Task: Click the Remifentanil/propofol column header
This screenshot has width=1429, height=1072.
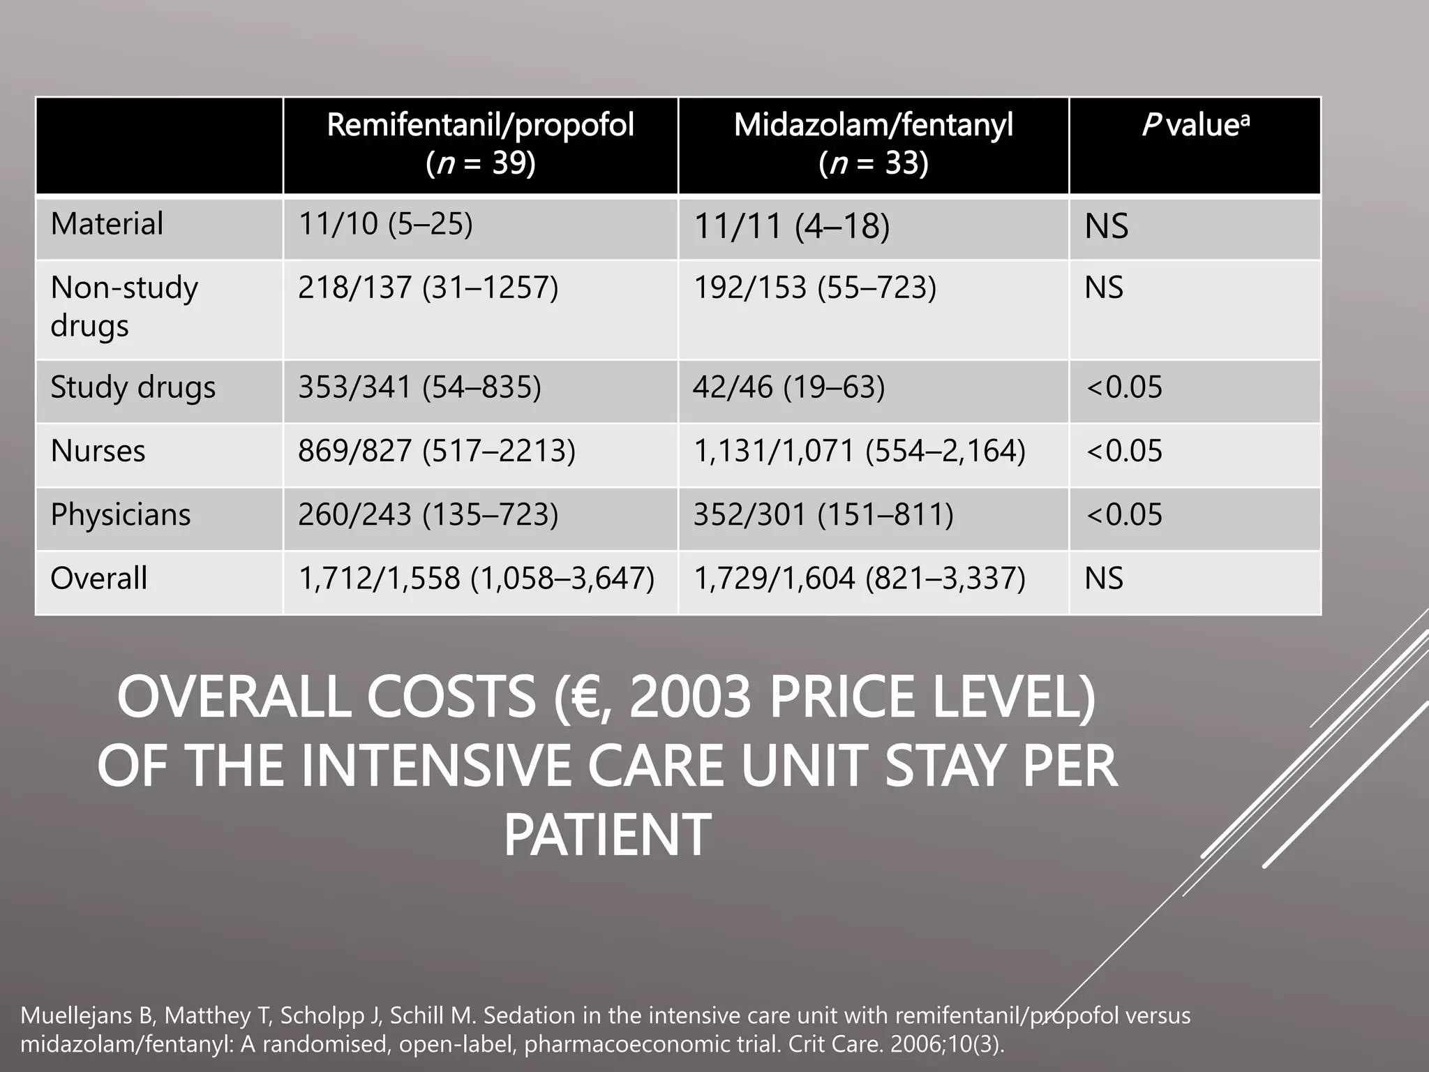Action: coord(480,144)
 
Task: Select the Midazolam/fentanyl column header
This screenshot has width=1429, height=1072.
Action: coord(873,144)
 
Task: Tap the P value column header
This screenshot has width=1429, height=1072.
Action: coord(1195,126)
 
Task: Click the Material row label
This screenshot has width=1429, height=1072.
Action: coord(107,224)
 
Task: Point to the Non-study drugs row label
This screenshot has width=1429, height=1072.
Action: coord(124,306)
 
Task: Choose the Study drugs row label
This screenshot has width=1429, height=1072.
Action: coord(133,387)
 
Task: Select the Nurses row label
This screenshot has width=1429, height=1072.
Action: coord(98,451)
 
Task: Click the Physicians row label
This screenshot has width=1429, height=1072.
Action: coord(120,515)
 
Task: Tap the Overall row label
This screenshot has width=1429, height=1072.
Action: coord(98,579)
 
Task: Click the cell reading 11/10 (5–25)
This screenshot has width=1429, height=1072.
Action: coord(385,224)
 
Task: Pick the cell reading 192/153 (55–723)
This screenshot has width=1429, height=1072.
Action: coord(814,288)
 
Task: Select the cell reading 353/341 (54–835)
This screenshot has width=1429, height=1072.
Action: coord(419,387)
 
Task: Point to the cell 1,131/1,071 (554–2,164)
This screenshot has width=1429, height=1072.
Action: coord(859,451)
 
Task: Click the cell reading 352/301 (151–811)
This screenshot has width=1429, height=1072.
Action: coord(823,515)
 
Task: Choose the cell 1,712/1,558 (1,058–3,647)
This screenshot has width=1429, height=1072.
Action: coord(477,579)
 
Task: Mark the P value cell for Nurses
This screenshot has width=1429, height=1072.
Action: coord(1124,451)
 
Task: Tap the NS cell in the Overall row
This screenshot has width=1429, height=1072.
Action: coord(1104,579)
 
